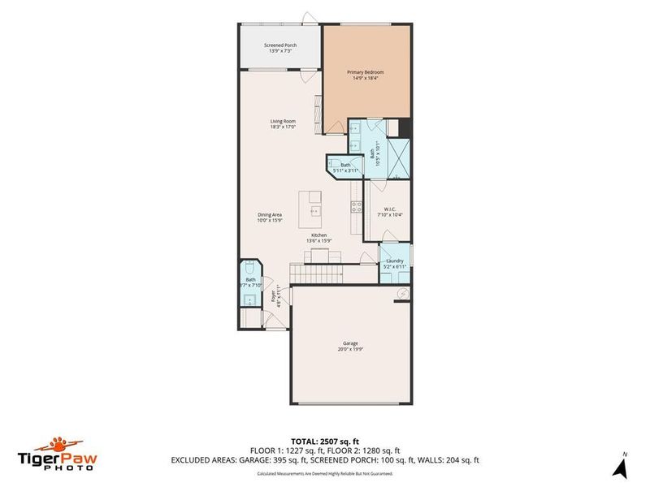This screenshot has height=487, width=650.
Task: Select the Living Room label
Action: click(x=283, y=122)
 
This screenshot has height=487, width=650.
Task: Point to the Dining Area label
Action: click(x=268, y=214)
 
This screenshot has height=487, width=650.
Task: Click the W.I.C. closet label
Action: click(x=389, y=209)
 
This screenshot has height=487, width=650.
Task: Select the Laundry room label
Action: click(x=395, y=261)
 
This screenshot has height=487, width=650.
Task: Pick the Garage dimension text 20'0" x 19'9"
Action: click(x=350, y=350)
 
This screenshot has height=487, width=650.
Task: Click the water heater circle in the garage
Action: click(x=401, y=293)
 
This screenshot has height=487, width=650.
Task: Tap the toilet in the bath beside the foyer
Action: click(x=250, y=268)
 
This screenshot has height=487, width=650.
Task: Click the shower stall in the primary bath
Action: click(x=397, y=154)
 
